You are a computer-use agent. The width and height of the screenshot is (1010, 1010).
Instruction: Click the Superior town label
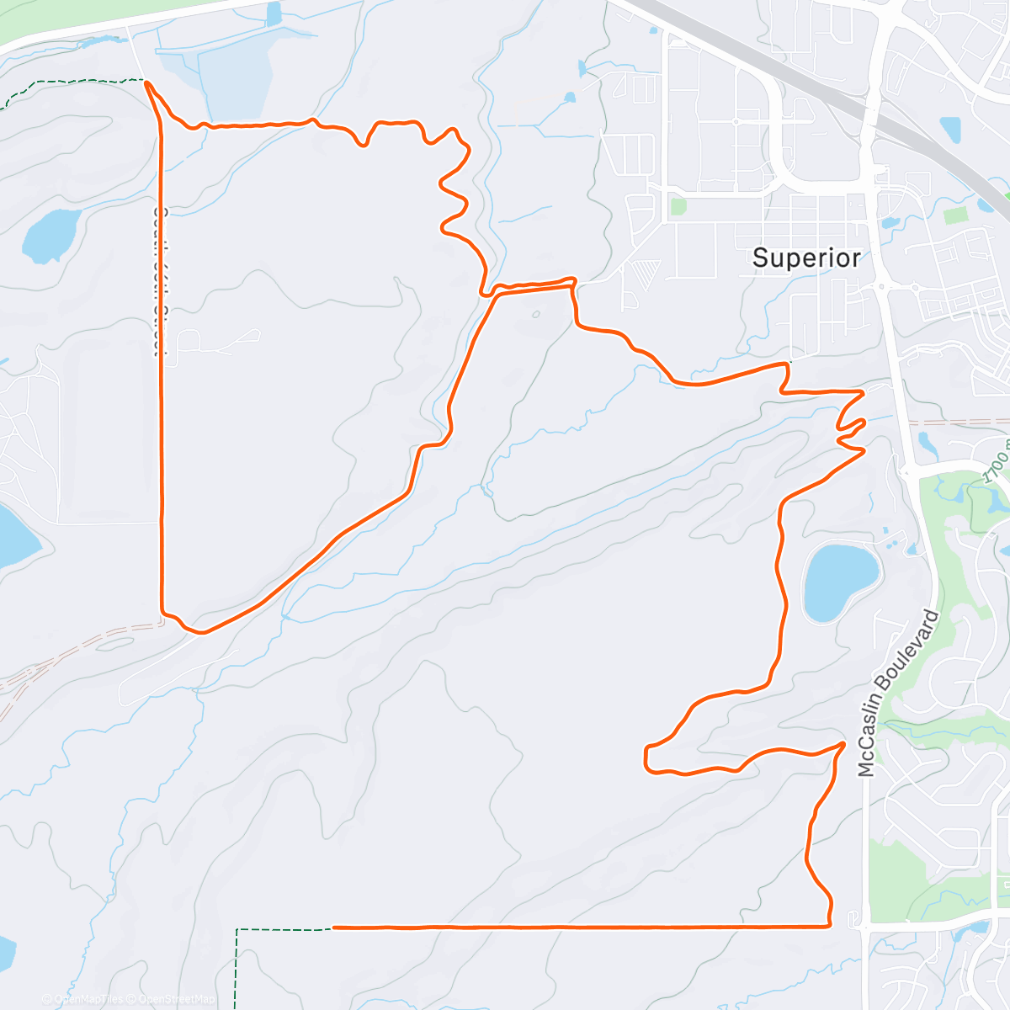806,258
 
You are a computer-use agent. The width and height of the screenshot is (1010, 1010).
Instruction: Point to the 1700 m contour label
996,465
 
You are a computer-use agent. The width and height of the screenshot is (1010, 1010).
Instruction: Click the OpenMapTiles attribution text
83,999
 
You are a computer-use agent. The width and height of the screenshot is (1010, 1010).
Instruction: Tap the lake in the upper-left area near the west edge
50,234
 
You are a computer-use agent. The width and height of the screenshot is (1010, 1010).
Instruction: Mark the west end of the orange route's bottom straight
335,928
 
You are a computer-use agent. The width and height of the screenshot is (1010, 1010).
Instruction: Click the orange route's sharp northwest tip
147,82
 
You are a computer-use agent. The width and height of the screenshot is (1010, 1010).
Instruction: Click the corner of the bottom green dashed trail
238,931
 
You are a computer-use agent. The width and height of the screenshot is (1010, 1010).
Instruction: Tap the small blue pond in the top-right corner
950,129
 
